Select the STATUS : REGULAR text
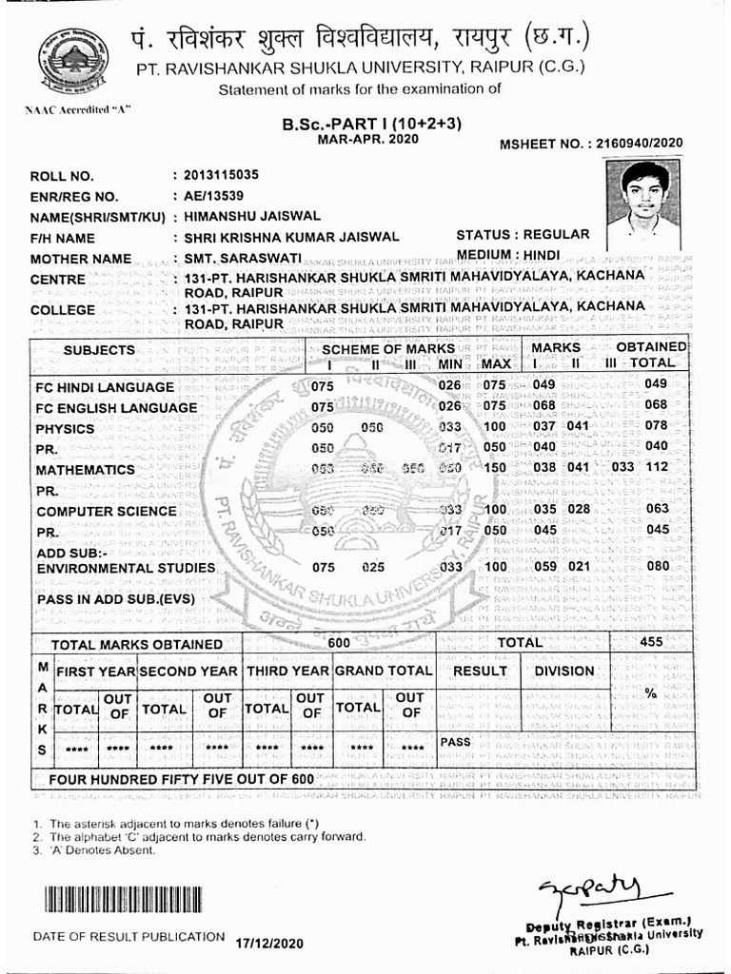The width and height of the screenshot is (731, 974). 523,234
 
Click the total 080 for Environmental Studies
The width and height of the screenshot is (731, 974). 658,568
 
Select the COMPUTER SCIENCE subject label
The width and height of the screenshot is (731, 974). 107,510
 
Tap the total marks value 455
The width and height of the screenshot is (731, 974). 651,642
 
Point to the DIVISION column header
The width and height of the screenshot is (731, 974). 563,671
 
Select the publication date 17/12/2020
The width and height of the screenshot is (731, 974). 269,943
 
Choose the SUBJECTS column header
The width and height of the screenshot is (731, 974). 99,350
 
